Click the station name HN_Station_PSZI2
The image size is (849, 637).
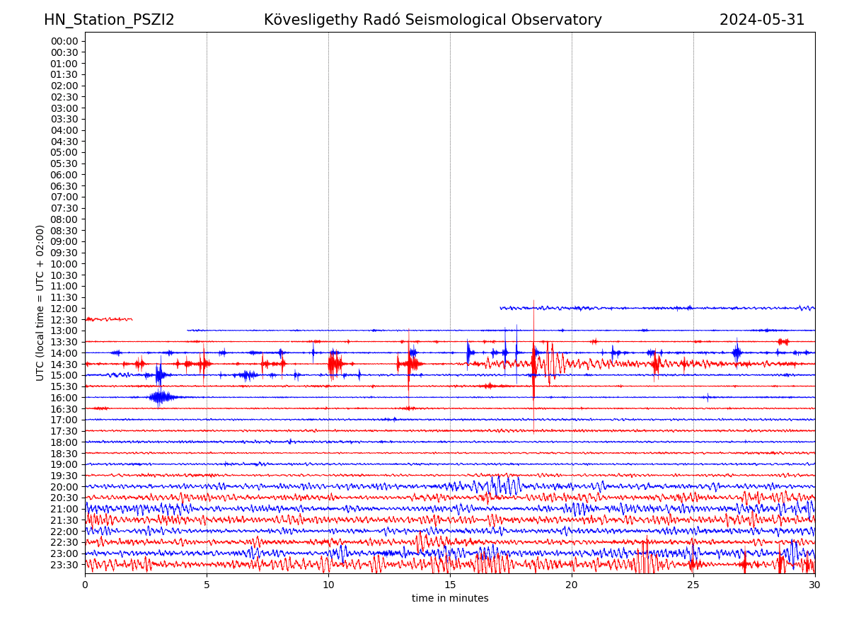[109, 21]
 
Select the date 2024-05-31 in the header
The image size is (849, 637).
[762, 21]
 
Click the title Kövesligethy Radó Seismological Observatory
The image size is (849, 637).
[432, 21]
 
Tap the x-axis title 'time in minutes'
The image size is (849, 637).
[450, 599]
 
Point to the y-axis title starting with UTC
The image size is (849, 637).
[41, 303]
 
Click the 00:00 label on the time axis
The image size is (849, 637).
[64, 41]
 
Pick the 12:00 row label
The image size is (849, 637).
[64, 309]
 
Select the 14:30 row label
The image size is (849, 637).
[64, 365]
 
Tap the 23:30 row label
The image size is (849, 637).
[64, 565]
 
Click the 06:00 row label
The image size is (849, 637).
[64, 175]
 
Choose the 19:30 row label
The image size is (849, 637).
[64, 476]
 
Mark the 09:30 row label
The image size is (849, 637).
[64, 253]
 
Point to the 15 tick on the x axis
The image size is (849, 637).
[450, 585]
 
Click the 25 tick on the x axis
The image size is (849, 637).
[693, 585]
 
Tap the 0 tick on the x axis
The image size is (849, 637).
[85, 585]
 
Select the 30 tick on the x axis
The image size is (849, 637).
[815, 585]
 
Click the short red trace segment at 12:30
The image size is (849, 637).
[108, 319]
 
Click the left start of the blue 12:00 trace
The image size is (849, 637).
[501, 308]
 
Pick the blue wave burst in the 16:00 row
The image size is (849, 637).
[161, 397]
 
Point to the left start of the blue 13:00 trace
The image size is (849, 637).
[188, 330]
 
